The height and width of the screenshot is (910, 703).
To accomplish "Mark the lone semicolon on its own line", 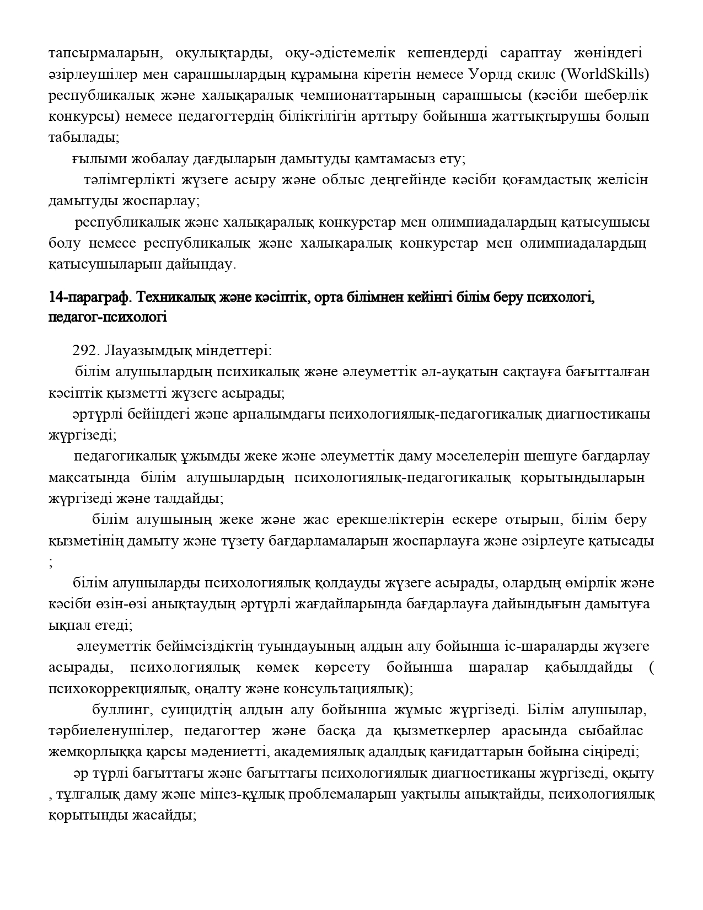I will pos(51,563).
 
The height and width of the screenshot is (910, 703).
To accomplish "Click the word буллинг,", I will pos(118,709).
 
